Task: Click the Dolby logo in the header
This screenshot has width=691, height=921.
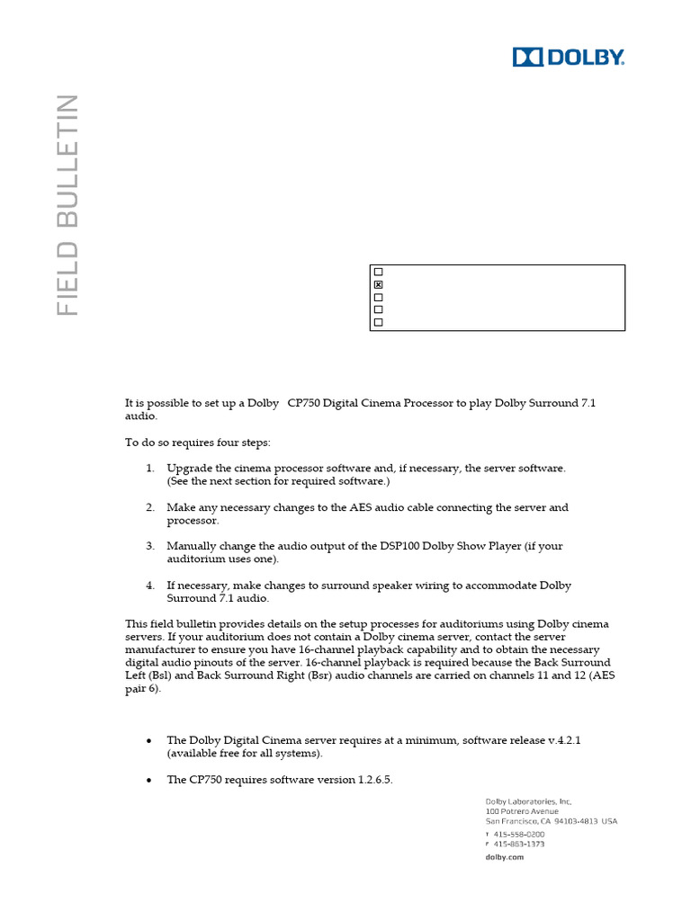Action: (x=568, y=57)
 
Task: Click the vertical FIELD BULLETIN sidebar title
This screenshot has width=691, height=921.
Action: (x=67, y=204)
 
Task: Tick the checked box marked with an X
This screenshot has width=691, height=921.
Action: (x=379, y=284)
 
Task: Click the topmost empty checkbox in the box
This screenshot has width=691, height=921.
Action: (x=379, y=272)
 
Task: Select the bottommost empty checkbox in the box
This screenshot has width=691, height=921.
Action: (x=379, y=322)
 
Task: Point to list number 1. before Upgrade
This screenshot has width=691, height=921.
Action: (x=150, y=469)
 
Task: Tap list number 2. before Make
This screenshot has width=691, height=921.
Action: (x=150, y=507)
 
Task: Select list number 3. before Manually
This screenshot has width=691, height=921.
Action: (x=150, y=546)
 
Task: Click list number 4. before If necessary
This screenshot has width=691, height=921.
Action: (x=150, y=586)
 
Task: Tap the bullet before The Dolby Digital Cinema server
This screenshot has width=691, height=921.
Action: (x=148, y=740)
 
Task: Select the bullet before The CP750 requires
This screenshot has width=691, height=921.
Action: (x=148, y=780)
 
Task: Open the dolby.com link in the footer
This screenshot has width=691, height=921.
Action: (x=504, y=857)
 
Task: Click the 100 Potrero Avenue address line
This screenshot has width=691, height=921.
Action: (x=522, y=811)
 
